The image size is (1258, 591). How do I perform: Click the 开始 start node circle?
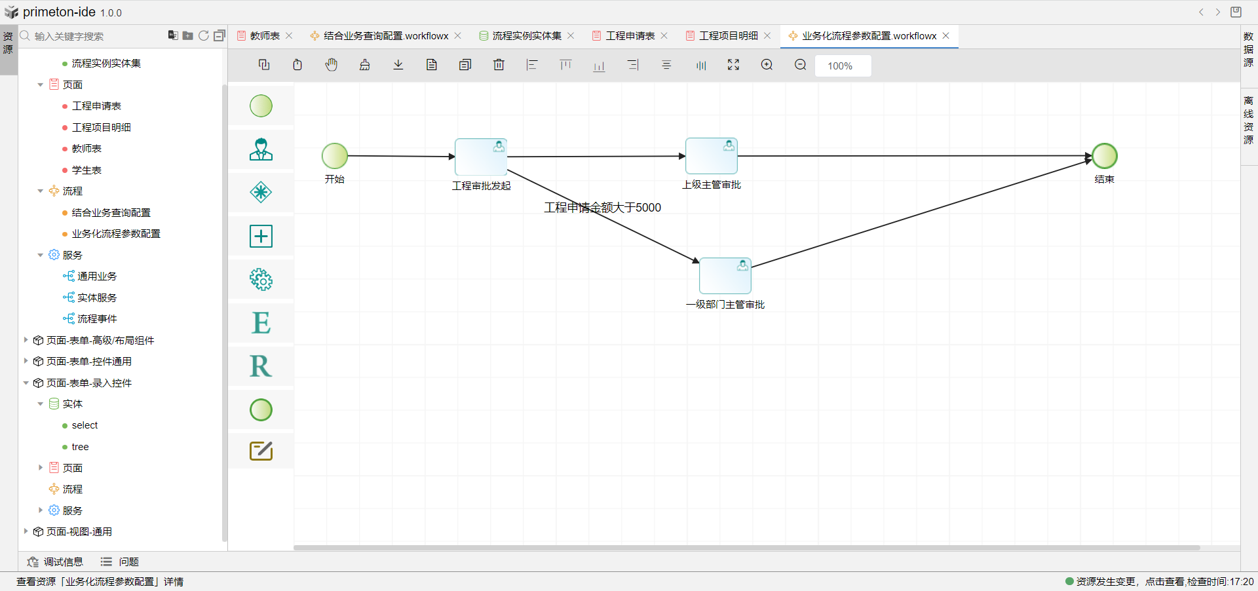coord(335,156)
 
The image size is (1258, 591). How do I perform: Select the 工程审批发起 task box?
coord(481,157)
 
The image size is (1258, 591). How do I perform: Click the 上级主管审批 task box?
coord(712,156)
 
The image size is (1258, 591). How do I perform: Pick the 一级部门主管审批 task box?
coord(725,276)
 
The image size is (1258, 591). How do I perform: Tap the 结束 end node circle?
coord(1105,156)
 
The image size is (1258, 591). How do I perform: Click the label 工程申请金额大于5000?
coord(602,208)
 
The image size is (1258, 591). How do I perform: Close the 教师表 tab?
coord(289,36)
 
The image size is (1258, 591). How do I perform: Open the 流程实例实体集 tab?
coord(526,36)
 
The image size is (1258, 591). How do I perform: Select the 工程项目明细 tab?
coord(728,36)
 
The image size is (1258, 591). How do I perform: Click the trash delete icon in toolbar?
coord(499,65)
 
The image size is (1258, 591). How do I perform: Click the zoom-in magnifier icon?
coord(767,65)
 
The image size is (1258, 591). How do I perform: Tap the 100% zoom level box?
coord(843,66)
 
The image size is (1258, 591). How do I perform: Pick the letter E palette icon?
coord(261,323)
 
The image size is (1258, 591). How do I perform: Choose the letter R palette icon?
coord(261,366)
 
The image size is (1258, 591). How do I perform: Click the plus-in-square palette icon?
coord(261,236)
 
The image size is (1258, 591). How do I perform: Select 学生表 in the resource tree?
coord(86,170)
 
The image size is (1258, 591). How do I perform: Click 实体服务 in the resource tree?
coord(97,298)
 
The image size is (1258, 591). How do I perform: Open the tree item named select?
coord(85,426)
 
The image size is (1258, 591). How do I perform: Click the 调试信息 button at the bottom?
coord(56,562)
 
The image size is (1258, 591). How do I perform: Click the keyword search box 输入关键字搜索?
coord(92,37)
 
